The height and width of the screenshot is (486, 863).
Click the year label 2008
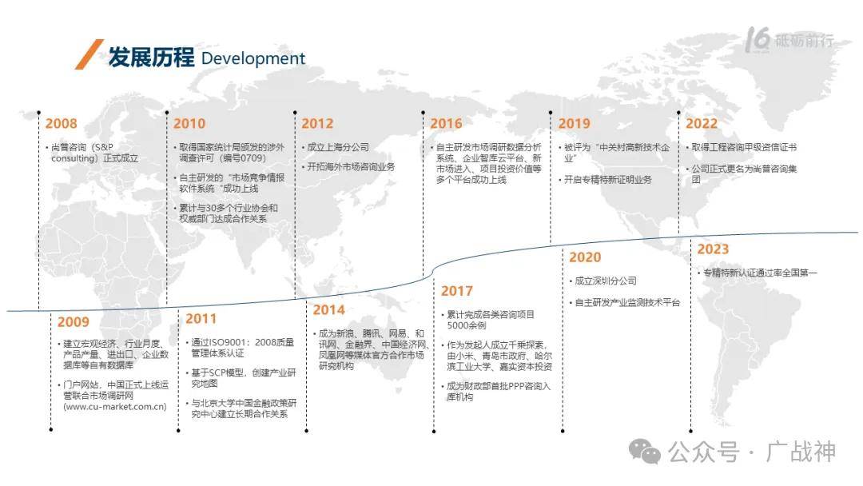[x=61, y=123]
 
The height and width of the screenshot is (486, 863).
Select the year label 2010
[x=189, y=123]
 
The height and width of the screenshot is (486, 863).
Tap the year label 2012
[x=317, y=123]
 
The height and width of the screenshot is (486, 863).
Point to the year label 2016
[x=447, y=123]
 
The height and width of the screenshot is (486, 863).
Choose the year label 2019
[x=574, y=123]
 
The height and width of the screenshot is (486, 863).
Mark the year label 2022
[x=702, y=123]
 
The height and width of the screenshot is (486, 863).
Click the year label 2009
[x=74, y=322]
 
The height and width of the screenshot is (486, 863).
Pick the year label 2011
[x=201, y=319]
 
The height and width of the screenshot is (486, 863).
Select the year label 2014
[x=329, y=310]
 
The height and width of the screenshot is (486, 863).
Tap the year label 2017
[x=457, y=291]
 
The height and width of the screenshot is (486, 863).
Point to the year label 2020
[x=585, y=257]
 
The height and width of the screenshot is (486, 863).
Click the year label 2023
[x=714, y=249]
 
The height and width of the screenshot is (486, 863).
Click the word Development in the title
[x=253, y=58]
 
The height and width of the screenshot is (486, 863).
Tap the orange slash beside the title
[x=89, y=54]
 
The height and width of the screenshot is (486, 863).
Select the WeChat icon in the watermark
[x=645, y=452]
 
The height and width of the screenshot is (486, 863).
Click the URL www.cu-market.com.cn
[x=115, y=407]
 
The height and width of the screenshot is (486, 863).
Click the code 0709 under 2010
[x=252, y=158]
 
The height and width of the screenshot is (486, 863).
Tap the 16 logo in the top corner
[x=758, y=40]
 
